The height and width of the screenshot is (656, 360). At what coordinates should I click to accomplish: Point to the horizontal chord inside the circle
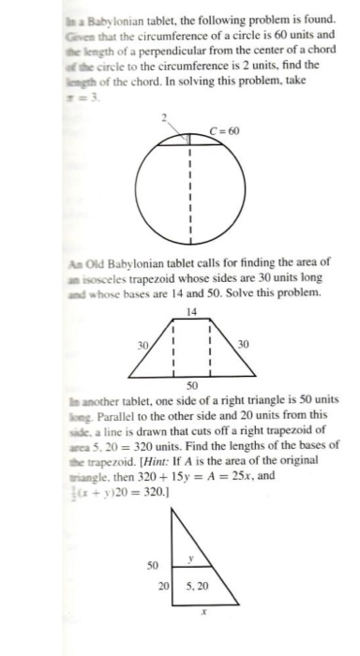(191, 143)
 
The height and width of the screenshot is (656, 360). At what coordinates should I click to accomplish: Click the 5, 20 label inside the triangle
(196, 588)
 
